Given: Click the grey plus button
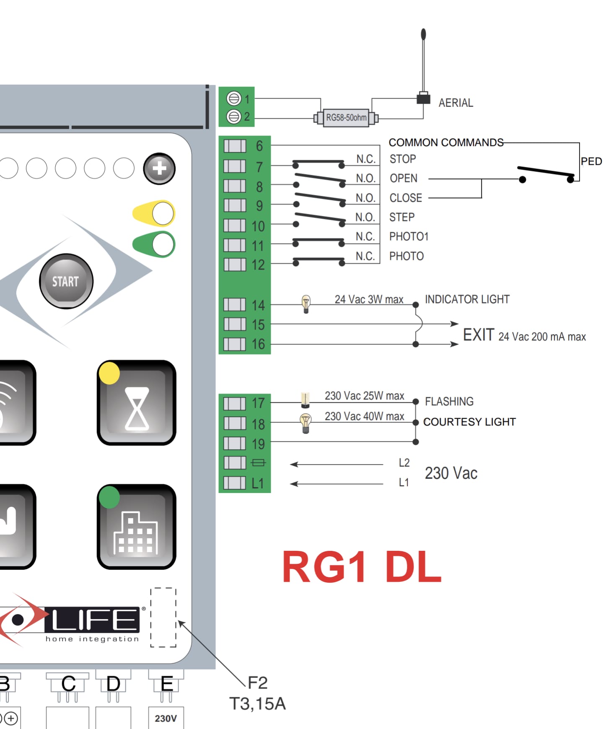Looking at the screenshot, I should point(159,169).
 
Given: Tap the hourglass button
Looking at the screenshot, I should point(137,403).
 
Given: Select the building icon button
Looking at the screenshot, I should point(137,527).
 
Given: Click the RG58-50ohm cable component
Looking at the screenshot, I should point(346,118).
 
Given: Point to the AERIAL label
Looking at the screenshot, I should point(455,103).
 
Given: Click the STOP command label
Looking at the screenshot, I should point(403,159).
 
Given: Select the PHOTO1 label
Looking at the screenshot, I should point(409,237).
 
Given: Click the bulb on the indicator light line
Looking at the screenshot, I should point(306,304).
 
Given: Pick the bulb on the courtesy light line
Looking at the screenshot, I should point(306,423).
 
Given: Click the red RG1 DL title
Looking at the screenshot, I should point(362,567).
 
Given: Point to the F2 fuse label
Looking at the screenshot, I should point(257,683).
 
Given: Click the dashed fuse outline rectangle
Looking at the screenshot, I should point(163,617).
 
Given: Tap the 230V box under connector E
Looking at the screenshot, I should point(166,718).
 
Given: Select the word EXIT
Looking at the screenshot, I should point(479,335).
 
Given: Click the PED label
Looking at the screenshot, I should point(591,161).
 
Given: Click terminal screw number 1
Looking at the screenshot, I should point(233,99).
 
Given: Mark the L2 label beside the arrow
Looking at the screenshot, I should point(404,463).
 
